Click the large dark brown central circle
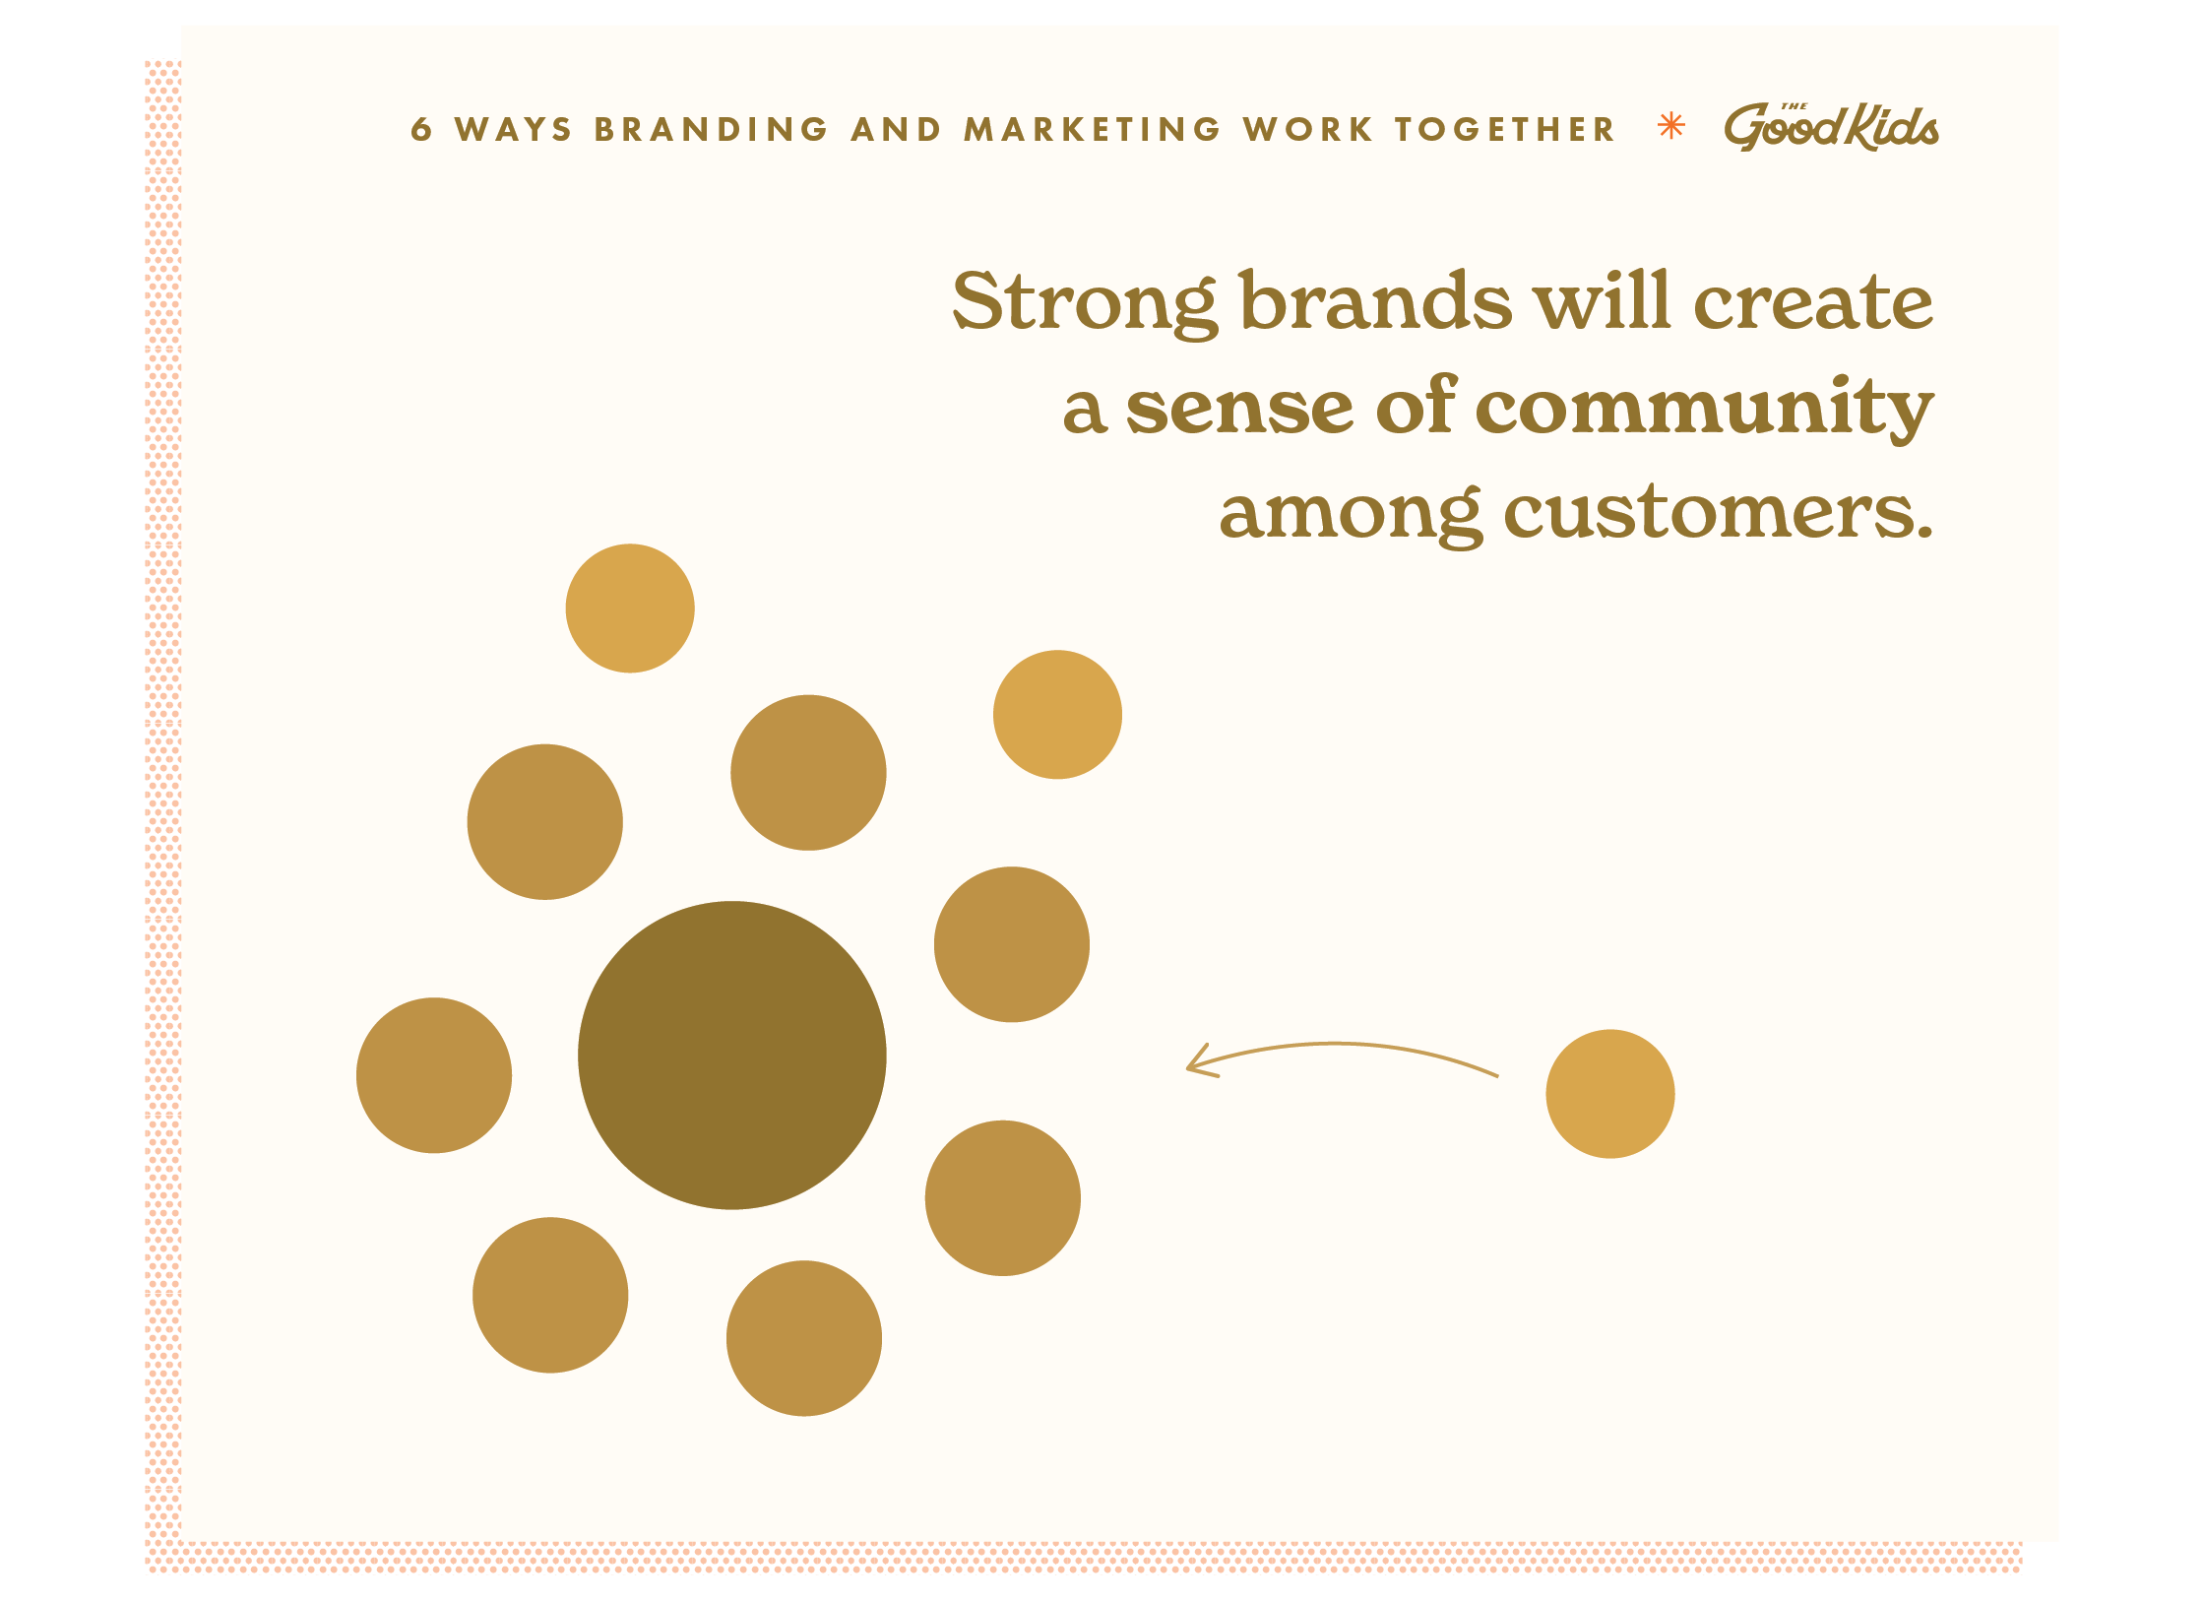(x=731, y=1055)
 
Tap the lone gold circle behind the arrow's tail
(x=1609, y=1093)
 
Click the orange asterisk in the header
(x=1671, y=126)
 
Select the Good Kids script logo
(x=1831, y=127)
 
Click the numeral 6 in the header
(x=420, y=129)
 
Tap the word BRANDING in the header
(x=711, y=129)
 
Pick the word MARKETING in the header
(x=1092, y=129)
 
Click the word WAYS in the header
(x=513, y=129)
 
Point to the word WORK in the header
(x=1307, y=129)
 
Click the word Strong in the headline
(x=1085, y=303)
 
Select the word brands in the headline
(x=1375, y=299)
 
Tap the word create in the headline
(x=1813, y=301)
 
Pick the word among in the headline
(x=1351, y=515)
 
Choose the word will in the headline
(x=1603, y=299)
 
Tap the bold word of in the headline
(x=1417, y=403)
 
